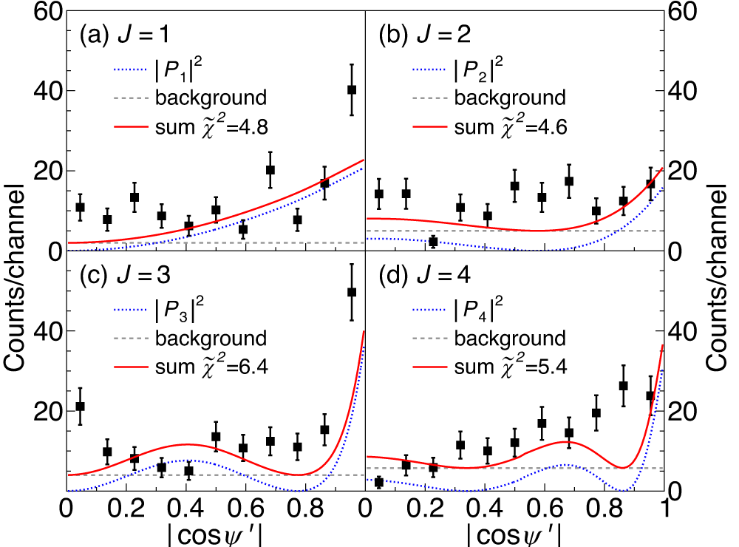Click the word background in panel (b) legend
[x=509, y=98]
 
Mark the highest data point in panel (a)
[x=352, y=89]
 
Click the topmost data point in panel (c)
[x=352, y=292]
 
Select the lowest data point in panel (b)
[x=433, y=241]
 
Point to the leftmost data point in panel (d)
[x=379, y=482]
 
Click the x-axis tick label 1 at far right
[x=664, y=509]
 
